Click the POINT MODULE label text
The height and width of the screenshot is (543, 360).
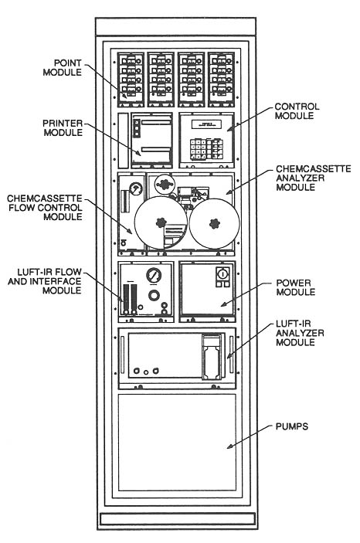point(80,67)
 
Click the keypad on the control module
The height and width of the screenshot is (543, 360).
point(208,147)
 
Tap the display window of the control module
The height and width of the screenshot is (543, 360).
point(208,123)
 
